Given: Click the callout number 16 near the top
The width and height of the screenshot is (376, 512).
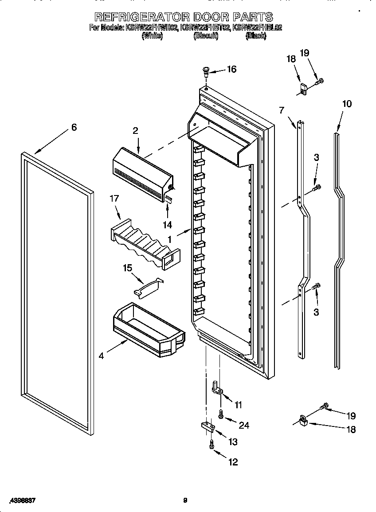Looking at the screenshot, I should tap(232, 69).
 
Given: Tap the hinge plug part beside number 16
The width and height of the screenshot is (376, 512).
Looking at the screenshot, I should tap(206, 70).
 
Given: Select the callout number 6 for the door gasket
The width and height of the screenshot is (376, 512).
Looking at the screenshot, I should tap(74, 127).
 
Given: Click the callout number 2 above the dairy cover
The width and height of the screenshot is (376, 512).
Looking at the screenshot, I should tap(136, 130).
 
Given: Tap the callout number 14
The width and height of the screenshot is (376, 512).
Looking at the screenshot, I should tap(167, 225).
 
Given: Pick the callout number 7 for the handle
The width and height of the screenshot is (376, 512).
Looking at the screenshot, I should tap(281, 109).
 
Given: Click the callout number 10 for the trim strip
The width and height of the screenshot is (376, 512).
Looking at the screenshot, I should tap(347, 104).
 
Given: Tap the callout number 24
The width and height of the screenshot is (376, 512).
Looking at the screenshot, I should tap(243, 426).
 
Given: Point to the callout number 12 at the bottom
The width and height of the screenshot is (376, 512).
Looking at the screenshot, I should tap(233, 462).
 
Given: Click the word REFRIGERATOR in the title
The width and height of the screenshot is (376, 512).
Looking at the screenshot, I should tap(142, 17).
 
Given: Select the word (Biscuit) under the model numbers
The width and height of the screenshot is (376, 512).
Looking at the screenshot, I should tap(206, 37).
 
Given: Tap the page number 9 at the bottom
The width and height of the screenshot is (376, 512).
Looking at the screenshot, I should tap(185, 500).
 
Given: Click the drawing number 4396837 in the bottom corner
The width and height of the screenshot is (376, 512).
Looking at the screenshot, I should tap(18, 500).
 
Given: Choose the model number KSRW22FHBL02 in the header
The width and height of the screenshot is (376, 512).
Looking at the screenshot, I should tap(257, 27).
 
